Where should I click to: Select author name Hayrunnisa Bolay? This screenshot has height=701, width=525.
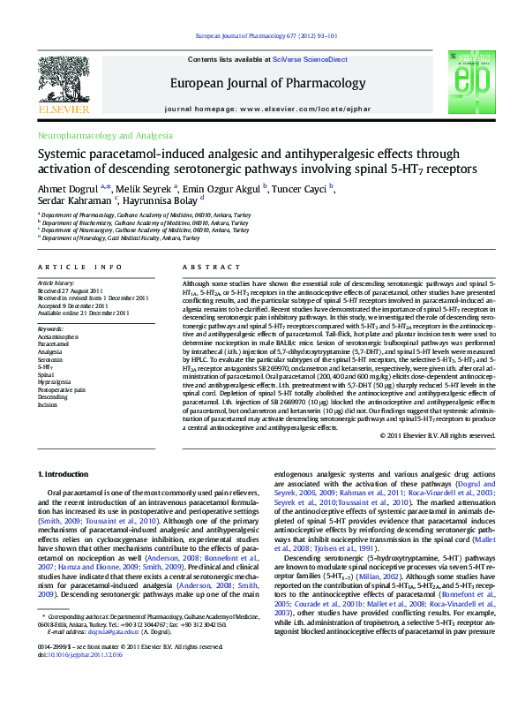click(x=166, y=200)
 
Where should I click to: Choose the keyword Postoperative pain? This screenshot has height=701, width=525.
click(x=61, y=388)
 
